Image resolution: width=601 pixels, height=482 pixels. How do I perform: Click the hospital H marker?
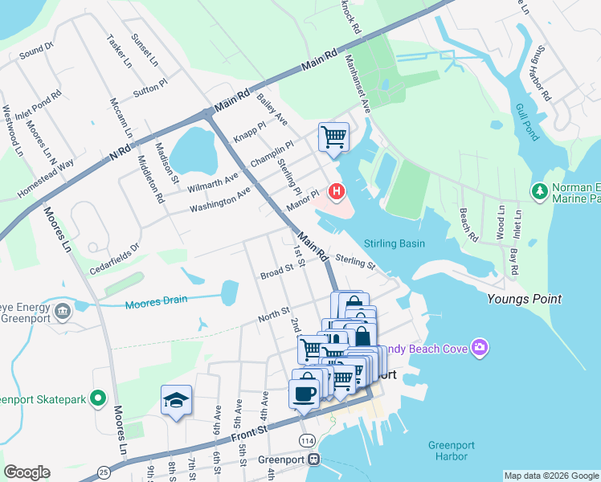[337, 192]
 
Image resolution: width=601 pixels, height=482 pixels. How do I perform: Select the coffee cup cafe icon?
[304, 394]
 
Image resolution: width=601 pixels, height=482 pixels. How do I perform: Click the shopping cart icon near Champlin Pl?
[333, 135]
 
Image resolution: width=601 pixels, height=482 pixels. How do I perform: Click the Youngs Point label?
[524, 299]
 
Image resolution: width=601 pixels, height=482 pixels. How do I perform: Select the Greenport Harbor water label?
[448, 450]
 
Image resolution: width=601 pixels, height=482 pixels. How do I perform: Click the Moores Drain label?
[156, 300]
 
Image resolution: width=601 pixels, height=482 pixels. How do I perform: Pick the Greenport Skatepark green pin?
[98, 398]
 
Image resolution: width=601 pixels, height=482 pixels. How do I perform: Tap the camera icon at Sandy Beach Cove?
[480, 347]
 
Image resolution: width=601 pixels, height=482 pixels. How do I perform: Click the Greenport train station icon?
[314, 460]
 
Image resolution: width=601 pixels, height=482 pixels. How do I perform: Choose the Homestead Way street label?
[46, 179]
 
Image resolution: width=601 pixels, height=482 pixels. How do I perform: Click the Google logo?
[27, 472]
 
